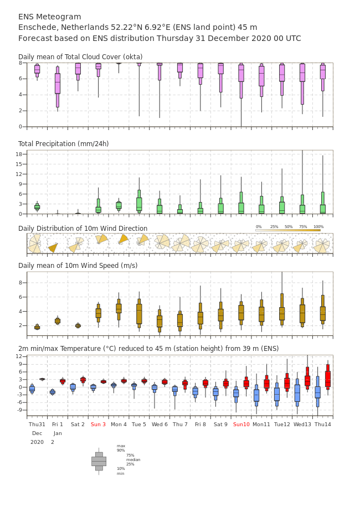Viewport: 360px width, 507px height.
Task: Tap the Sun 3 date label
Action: point(98,424)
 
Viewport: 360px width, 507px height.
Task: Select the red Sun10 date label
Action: point(241,424)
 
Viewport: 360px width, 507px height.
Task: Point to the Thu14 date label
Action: point(323,424)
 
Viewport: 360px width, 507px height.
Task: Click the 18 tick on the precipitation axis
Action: point(19,154)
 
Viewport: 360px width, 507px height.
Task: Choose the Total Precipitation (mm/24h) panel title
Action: point(63,143)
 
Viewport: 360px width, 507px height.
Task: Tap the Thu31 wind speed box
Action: point(37,327)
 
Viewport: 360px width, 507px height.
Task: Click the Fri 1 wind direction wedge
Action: point(53,247)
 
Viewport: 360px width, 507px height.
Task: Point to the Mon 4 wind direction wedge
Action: point(124,239)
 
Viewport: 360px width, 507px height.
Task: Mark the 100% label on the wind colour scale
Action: point(318,227)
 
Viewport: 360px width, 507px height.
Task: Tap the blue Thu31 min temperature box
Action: point(32,389)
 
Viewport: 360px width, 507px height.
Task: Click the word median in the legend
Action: point(133,459)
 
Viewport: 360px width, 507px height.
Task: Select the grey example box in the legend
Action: point(99,462)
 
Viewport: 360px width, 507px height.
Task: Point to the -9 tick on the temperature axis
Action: point(20,410)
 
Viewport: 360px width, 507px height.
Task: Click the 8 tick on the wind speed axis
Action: point(20,283)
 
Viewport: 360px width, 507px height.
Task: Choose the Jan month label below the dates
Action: point(58,433)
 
